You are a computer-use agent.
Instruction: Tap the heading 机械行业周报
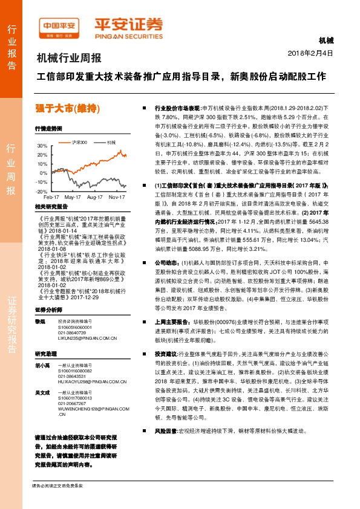[x=69, y=59]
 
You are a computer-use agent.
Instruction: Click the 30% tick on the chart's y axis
[x=42, y=146]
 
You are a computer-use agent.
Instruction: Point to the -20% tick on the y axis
[x=41, y=191]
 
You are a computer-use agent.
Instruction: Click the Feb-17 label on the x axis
[x=51, y=198]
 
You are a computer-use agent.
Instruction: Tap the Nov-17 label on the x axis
[x=116, y=198]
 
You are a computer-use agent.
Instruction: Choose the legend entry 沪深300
[x=79, y=142]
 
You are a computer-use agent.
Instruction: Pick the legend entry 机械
[x=111, y=142]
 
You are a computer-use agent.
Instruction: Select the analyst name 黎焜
[x=40, y=321]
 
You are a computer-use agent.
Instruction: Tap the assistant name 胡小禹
[x=42, y=365]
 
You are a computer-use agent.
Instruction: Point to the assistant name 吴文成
[x=42, y=393]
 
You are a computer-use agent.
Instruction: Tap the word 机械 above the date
[x=326, y=41]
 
